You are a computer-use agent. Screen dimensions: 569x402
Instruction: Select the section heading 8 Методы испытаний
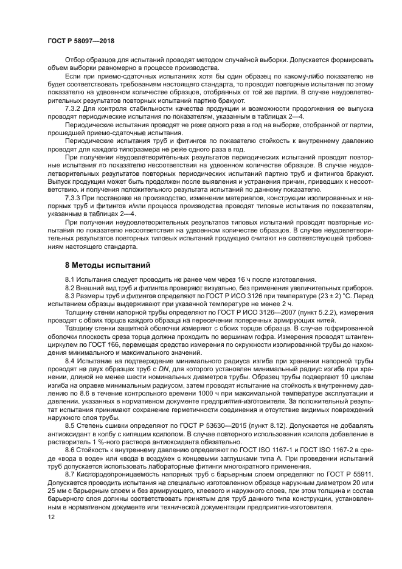[x=108, y=265]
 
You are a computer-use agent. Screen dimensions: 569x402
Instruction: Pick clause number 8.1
[x=71, y=279]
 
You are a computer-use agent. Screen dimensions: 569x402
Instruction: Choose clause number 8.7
[x=71, y=472]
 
